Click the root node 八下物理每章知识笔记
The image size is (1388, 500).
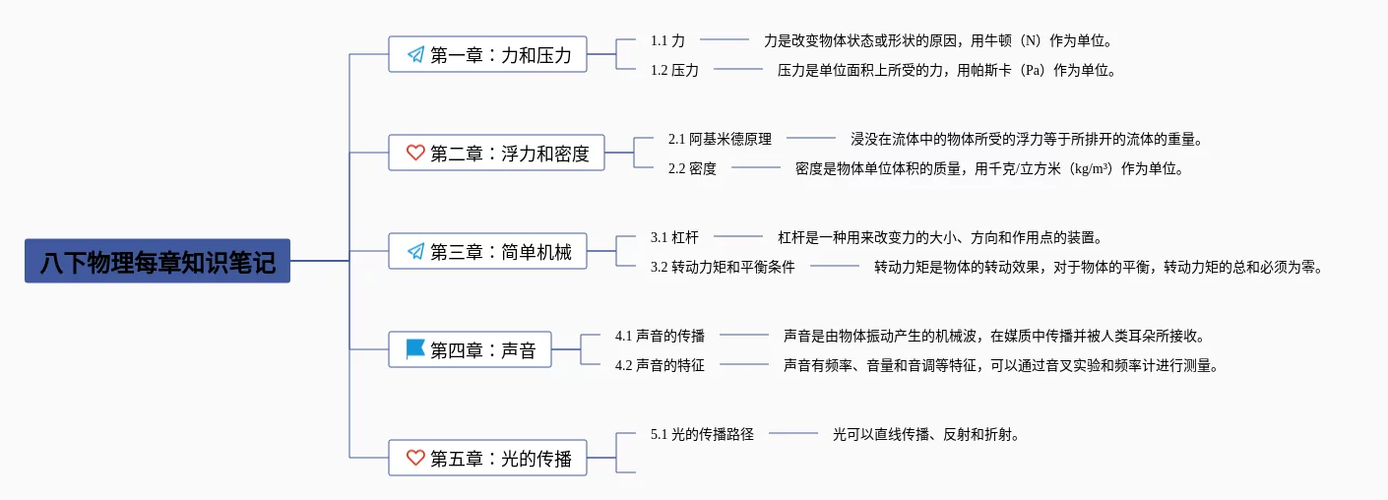pos(158,261)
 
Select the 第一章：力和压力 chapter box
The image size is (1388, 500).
pos(487,54)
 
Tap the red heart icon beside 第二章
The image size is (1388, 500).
pos(415,153)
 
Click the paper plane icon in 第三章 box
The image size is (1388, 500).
pos(415,251)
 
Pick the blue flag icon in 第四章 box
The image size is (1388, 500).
pos(415,348)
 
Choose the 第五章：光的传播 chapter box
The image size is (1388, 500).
pos(487,458)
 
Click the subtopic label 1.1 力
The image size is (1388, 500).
pos(667,41)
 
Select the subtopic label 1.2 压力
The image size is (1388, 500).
pos(674,70)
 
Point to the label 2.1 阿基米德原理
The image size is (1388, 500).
pos(720,139)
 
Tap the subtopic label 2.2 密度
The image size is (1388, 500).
pos(691,168)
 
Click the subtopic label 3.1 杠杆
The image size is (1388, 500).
pos(674,237)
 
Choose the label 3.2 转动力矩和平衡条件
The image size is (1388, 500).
pos(723,267)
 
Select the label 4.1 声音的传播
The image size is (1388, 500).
pos(660,336)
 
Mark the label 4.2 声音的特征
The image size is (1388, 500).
pos(660,365)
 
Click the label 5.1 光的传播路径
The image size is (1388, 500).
pos(702,434)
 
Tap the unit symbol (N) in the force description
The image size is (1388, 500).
pos(1031,41)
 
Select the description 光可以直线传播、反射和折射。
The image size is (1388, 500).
pos(925,434)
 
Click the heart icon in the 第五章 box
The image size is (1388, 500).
pos(415,458)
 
